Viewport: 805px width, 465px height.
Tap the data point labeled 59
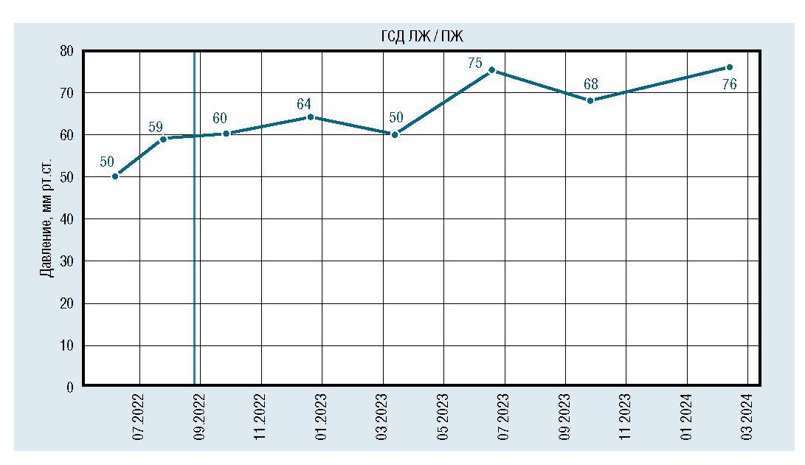tap(163, 139)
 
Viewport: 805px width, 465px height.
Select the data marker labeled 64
tap(310, 117)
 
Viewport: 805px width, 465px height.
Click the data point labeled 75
tap(491, 70)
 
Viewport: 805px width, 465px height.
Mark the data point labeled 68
tap(590, 100)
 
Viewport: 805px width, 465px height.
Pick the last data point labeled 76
tap(729, 67)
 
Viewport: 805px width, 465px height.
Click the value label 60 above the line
tap(220, 119)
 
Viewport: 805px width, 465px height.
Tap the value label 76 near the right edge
tap(729, 85)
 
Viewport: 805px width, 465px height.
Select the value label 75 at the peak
tap(474, 63)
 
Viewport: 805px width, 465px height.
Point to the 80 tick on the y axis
tap(66, 51)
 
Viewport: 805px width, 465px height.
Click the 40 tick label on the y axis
tap(66, 219)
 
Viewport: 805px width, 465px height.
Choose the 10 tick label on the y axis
tap(66, 345)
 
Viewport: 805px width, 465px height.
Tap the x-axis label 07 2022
tap(139, 418)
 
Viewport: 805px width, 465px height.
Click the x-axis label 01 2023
tap(322, 418)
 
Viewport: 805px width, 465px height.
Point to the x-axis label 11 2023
tap(626, 418)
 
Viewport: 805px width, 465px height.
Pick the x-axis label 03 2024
tap(748, 418)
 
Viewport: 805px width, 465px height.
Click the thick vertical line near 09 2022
tap(194, 221)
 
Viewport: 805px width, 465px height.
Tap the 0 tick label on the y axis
tap(69, 387)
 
